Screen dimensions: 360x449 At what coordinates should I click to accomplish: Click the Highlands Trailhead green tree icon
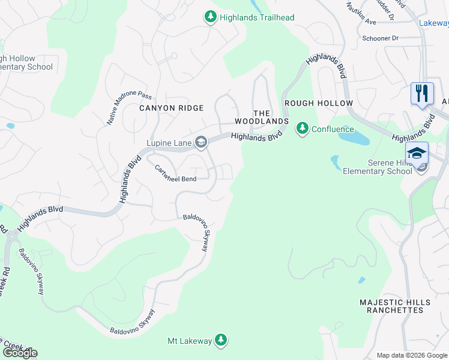point(210,17)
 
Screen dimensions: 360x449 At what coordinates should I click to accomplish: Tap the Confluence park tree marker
point(303,129)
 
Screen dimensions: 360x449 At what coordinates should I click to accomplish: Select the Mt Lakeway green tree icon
point(221,341)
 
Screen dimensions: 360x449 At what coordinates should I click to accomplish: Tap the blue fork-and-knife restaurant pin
point(422,94)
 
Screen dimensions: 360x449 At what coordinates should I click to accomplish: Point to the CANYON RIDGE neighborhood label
point(171,108)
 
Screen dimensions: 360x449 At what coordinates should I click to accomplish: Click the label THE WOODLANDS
point(270,117)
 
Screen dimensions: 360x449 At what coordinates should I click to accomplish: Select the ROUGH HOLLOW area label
point(319,103)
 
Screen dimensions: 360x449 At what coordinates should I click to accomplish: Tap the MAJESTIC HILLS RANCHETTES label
point(391,306)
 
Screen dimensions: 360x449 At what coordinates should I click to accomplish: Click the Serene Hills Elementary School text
point(378,167)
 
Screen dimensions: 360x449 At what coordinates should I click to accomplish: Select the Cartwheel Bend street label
point(176,175)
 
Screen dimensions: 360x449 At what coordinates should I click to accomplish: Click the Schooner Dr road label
point(380,38)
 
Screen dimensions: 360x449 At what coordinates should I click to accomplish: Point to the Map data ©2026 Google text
point(412,355)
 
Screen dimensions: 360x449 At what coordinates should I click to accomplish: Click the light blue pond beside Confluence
point(355,137)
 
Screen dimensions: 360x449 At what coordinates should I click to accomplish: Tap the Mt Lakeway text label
point(189,341)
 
